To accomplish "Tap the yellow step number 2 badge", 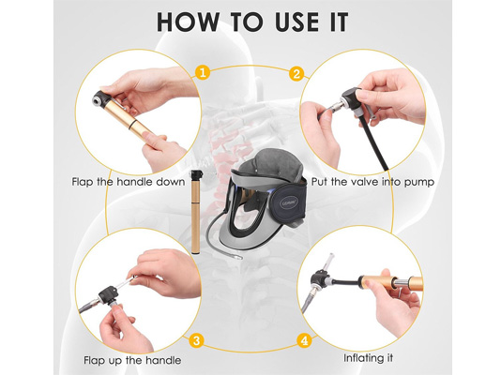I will pyautogui.click(x=297, y=72).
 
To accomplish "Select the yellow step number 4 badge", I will pyautogui.click(x=302, y=340).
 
